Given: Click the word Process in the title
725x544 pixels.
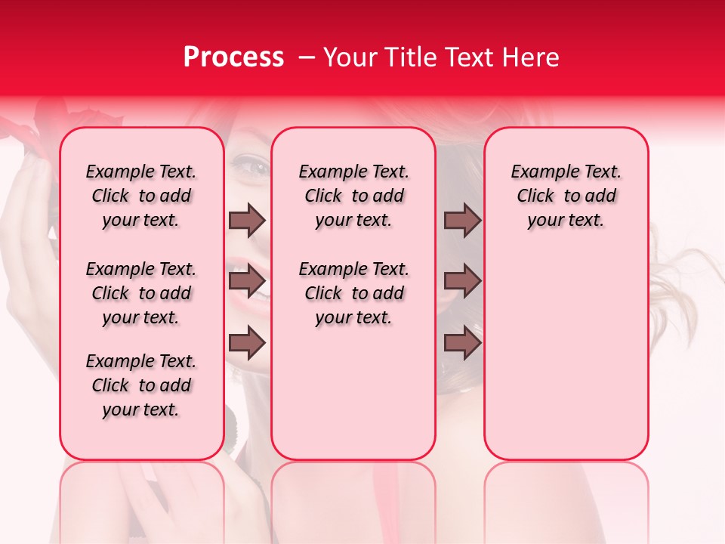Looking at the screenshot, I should tap(233, 57).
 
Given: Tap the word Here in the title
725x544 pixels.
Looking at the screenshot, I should tap(532, 57).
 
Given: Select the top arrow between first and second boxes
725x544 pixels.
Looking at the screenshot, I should tap(247, 220).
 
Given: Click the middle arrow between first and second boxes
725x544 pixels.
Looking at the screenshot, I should tap(247, 281).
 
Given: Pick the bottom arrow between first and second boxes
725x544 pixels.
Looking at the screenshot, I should tap(247, 343).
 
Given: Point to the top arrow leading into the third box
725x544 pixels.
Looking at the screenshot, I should tap(462, 220).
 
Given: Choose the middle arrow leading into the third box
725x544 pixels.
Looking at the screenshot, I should tap(462, 281).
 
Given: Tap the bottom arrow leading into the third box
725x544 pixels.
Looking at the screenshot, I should tap(462, 343).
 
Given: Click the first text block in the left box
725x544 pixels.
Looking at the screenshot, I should tap(141, 196).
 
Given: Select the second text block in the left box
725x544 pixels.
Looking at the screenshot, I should tap(141, 293).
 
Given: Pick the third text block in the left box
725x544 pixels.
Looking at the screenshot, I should tap(141, 385).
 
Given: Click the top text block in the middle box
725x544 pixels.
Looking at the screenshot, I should tap(353, 196).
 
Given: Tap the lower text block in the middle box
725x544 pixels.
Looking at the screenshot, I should tap(353, 293).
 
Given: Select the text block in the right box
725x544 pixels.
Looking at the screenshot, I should tap(566, 196).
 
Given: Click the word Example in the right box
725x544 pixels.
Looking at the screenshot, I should tap(538, 172).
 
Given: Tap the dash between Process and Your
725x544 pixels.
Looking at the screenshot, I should tap(305, 57).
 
